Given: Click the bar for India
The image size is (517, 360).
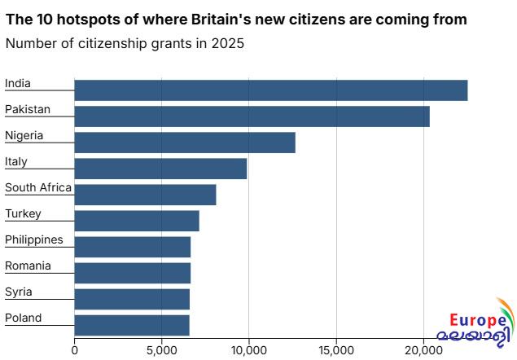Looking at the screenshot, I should pyautogui.click(x=270, y=90).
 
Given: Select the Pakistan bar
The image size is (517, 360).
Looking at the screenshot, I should pyautogui.click(x=252, y=116).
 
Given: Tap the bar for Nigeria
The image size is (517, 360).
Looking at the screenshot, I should pyautogui.click(x=185, y=143).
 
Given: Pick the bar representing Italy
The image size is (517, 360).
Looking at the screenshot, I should pyautogui.click(x=160, y=169).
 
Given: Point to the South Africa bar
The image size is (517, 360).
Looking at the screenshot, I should pyautogui.click(x=145, y=195).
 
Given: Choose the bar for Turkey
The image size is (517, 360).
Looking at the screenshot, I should pyautogui.click(x=137, y=221).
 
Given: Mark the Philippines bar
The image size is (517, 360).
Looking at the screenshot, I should pyautogui.click(x=132, y=247).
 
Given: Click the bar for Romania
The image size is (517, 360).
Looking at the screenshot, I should pyautogui.click(x=132, y=273).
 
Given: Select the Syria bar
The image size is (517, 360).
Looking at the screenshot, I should pyautogui.click(x=132, y=299).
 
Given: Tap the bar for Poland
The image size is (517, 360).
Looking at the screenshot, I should pyautogui.click(x=132, y=325).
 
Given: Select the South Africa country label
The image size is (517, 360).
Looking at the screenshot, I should pyautogui.click(x=38, y=188).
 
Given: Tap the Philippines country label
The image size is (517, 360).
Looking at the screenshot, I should pyautogui.click(x=34, y=239).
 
